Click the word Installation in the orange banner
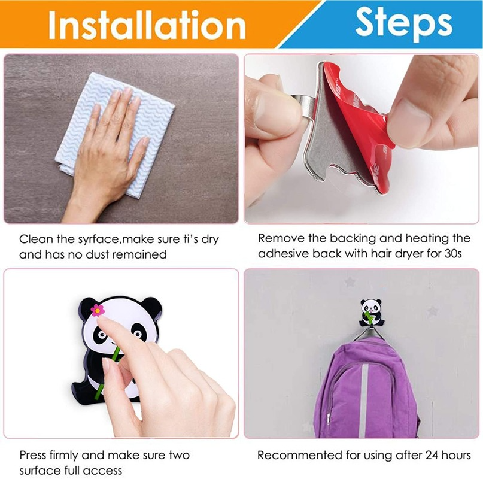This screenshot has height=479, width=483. (x=147, y=25)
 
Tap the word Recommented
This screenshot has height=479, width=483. (x=296, y=455)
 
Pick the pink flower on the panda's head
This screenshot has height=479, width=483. (x=98, y=310)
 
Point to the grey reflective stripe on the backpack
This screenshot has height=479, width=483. (x=364, y=401)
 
